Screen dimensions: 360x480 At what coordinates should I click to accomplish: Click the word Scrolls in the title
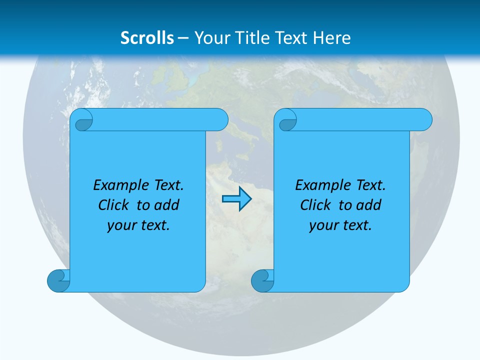point(147,38)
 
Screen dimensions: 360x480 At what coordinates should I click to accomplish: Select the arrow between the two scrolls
point(236,199)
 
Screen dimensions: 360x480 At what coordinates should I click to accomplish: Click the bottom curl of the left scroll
point(58,280)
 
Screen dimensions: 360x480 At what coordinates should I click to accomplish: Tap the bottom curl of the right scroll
point(262,280)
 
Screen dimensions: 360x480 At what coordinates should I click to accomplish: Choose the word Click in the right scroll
point(315,205)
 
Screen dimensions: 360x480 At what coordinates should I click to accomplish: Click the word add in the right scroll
point(369,205)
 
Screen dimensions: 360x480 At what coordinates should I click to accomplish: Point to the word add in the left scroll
point(167,205)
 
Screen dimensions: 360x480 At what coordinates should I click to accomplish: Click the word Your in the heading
point(210,38)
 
